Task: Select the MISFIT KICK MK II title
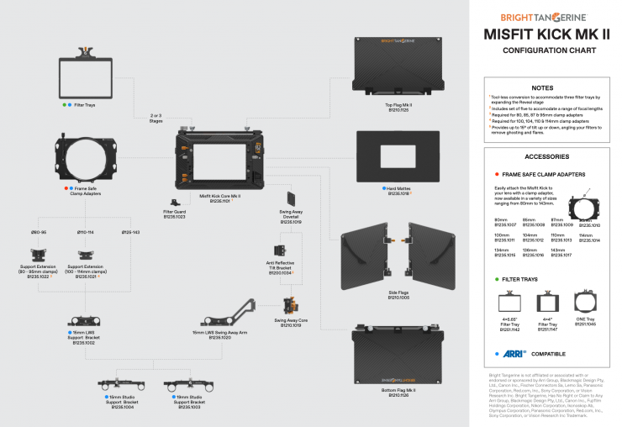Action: point(546,34)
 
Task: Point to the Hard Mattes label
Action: point(398,191)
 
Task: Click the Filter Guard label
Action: point(175,214)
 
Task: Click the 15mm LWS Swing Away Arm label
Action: point(220,335)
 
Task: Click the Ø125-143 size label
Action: point(130,231)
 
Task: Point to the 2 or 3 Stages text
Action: point(155,119)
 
